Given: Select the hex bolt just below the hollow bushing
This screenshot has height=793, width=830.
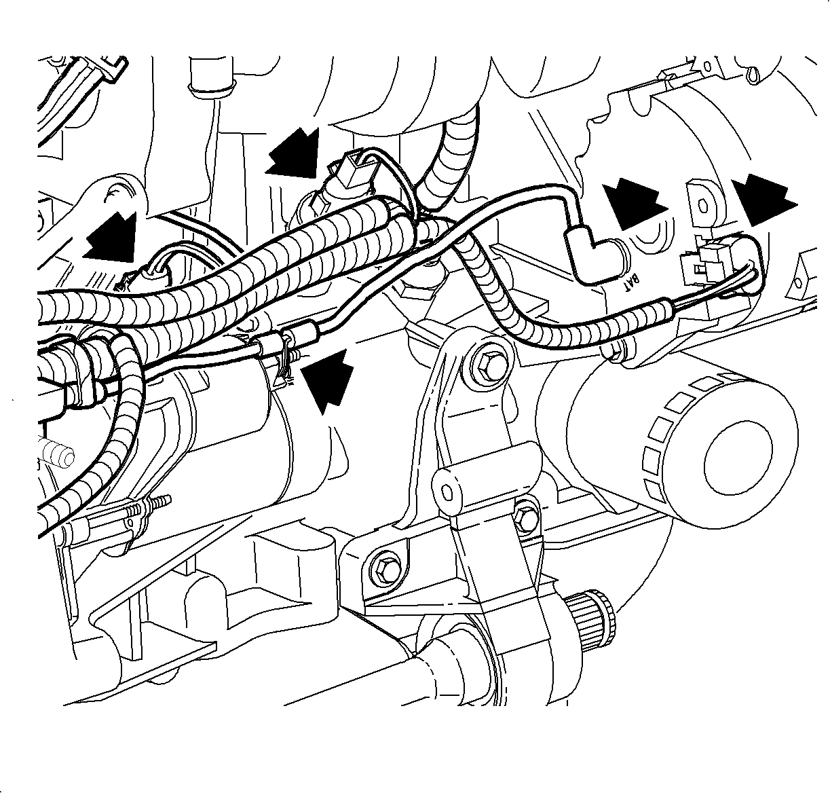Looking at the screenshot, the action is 526,519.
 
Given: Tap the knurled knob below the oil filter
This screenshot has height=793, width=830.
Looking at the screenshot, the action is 590,625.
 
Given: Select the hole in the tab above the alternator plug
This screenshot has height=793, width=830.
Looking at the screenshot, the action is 702,208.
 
